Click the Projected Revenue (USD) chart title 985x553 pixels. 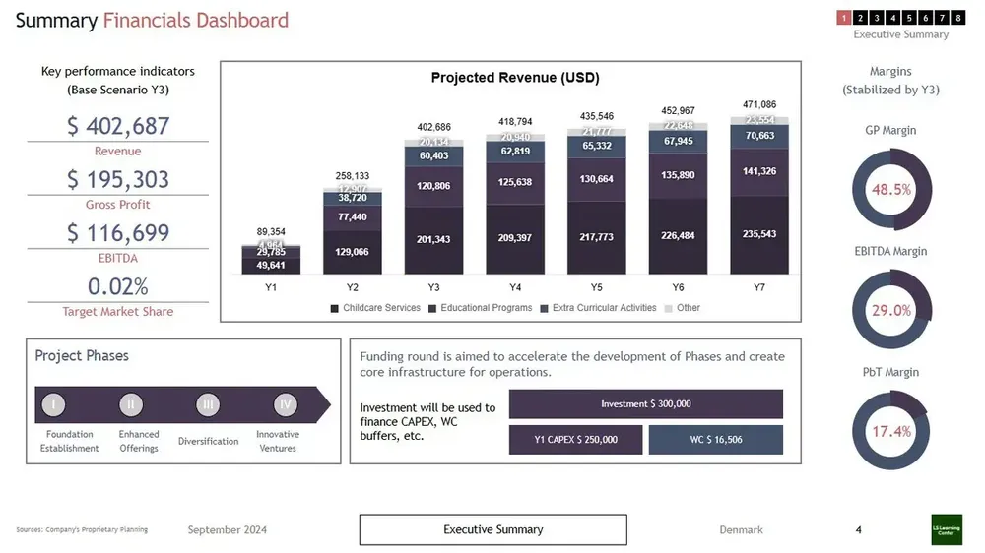click(515, 78)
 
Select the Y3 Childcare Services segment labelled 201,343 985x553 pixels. click(434, 240)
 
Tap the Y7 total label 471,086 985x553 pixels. click(758, 104)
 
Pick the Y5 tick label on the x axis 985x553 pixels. click(597, 287)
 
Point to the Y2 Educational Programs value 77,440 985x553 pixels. click(353, 216)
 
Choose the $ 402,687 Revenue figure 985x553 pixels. click(118, 127)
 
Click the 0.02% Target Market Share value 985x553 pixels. click(118, 286)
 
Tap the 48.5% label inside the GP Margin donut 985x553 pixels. click(890, 189)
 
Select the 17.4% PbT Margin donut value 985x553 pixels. click(890, 431)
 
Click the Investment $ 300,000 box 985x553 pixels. click(645, 404)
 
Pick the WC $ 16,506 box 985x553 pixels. click(715, 440)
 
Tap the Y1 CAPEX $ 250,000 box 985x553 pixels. click(575, 440)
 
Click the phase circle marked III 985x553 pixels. click(208, 404)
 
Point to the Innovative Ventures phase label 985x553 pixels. click(278, 441)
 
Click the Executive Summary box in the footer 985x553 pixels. click(492, 529)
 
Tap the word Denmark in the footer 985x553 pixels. click(741, 530)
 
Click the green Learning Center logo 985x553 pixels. click(947, 529)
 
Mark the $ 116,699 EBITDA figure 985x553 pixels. click(118, 233)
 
